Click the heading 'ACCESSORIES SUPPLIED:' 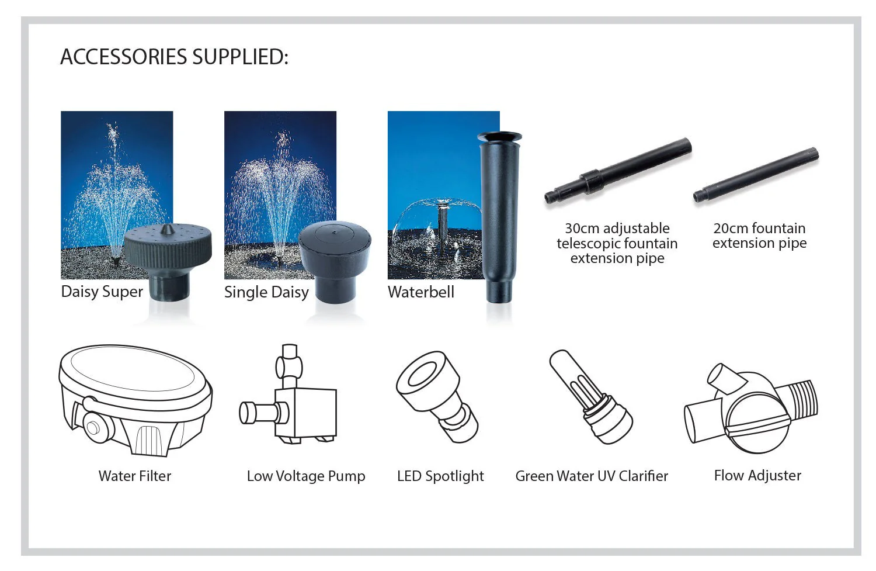tap(175, 57)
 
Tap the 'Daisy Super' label tap(102, 292)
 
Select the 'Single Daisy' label tap(266, 292)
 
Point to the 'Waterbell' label tap(421, 292)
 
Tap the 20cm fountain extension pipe tap(756, 175)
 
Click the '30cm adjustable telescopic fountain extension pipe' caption tap(617, 243)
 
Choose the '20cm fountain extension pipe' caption tap(759, 236)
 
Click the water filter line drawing tap(135, 400)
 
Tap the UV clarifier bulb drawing tap(591, 397)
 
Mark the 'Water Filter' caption tap(135, 476)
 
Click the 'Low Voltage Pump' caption tap(306, 476)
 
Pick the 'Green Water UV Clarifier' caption tap(592, 476)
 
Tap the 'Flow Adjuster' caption tap(757, 476)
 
